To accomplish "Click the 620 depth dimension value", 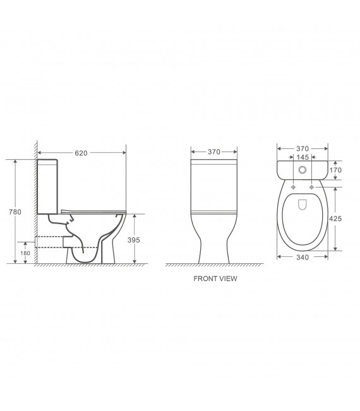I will (80, 152).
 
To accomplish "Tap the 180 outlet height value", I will (26, 253).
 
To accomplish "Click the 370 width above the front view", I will (215, 152).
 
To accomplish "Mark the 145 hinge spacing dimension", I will (302, 157).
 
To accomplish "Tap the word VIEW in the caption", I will (227, 277).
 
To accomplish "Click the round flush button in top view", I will (302, 169).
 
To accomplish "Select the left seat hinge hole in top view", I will (293, 187).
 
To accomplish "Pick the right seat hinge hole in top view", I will (311, 187).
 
